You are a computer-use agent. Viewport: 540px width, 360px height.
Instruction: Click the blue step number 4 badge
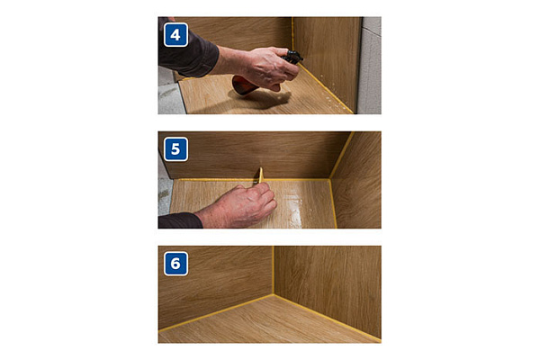tap(176, 35)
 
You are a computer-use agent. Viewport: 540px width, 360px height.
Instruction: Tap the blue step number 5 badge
tap(176, 149)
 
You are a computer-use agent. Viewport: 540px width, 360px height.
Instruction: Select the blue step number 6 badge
tap(176, 264)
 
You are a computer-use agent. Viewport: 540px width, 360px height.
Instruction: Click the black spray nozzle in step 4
tap(292, 57)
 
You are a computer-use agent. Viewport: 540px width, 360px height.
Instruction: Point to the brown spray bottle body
tap(244, 85)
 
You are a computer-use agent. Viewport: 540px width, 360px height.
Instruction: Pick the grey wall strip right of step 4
tap(370, 66)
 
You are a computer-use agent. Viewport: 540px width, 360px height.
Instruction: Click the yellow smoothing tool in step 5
tap(260, 175)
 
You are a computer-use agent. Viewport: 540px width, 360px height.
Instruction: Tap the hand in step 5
tap(238, 206)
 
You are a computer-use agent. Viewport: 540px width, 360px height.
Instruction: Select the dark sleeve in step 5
tap(179, 220)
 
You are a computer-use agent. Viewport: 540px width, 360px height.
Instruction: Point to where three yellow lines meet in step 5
tap(330, 179)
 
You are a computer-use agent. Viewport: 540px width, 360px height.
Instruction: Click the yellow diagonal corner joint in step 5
tap(341, 155)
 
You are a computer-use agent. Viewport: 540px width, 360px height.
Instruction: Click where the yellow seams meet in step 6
tap(274, 294)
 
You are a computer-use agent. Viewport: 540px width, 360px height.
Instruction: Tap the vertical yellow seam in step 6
tap(274, 270)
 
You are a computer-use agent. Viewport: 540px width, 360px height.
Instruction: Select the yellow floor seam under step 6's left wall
tap(216, 313)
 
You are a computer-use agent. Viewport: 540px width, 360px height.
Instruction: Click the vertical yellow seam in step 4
tap(292, 33)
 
